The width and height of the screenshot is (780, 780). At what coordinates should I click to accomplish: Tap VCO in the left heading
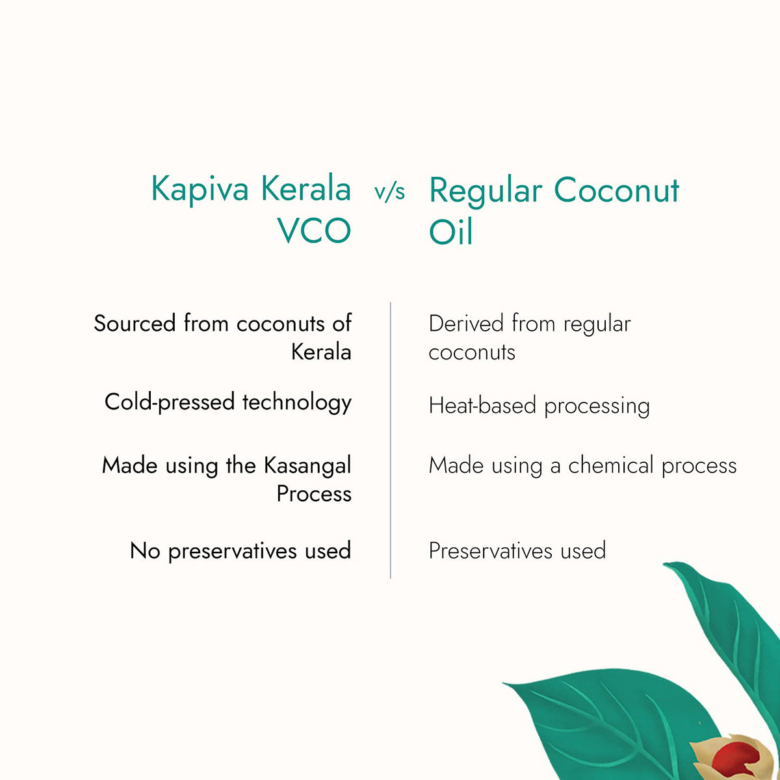(315, 231)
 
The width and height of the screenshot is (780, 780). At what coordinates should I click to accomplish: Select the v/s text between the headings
(389, 192)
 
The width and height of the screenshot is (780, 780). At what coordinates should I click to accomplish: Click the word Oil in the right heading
(450, 232)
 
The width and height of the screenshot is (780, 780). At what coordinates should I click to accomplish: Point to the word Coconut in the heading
(616, 191)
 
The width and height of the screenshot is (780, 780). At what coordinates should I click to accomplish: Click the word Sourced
(135, 324)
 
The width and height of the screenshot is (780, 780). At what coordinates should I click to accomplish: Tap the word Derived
(466, 324)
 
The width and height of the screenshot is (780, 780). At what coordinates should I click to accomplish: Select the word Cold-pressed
(170, 402)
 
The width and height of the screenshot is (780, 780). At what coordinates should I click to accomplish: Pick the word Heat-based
(483, 406)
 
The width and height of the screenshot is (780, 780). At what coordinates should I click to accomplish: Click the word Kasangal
(307, 465)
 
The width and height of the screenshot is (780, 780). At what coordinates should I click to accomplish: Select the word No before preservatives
(145, 551)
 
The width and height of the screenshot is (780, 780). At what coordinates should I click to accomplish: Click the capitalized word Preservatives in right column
(491, 551)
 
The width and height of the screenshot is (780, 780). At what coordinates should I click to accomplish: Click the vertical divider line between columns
(391, 442)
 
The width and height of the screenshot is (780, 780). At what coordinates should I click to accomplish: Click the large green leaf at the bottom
(604, 721)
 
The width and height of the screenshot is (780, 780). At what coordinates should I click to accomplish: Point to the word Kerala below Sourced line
(321, 352)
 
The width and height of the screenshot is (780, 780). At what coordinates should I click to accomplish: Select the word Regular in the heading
(486, 191)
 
